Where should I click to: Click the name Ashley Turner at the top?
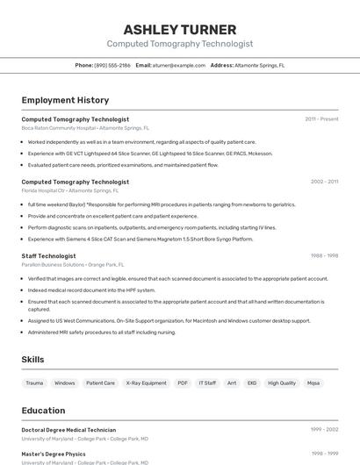pos(179,29)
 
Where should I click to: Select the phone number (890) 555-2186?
pos(112,65)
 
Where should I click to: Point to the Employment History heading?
pos(65,100)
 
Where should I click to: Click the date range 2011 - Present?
pos(321,119)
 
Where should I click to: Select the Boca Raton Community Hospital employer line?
pos(84,128)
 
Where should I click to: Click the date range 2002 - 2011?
pos(324,182)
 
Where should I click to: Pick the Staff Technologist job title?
pos(48,256)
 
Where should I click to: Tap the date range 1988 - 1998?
pos(324,256)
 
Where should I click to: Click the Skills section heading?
pos(33,360)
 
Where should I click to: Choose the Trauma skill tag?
pos(34,383)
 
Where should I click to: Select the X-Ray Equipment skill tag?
pos(146,383)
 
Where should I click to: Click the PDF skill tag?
pos(183,383)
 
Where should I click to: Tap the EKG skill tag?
pos(252,383)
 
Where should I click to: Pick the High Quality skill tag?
pos(282,383)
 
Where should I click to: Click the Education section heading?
pos(44,411)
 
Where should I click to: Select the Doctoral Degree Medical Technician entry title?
pos(68,430)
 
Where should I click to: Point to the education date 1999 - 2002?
pos(324,430)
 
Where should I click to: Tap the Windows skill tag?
pos(65,383)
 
